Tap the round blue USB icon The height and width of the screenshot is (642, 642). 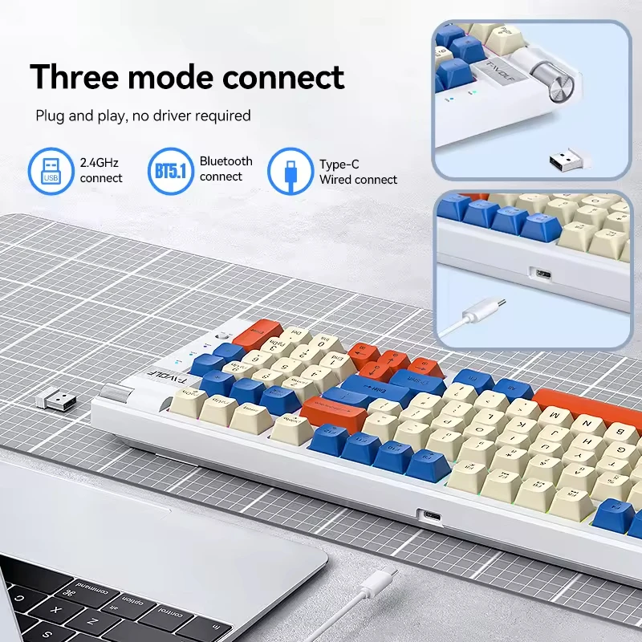click(51, 171)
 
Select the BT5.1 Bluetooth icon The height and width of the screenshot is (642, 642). click(170, 171)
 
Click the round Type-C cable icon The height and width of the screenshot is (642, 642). click(291, 171)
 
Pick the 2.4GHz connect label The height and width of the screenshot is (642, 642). click(101, 170)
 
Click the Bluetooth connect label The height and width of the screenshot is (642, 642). click(226, 169)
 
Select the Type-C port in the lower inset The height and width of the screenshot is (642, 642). click(545, 274)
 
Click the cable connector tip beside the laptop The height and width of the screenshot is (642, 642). click(384, 575)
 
